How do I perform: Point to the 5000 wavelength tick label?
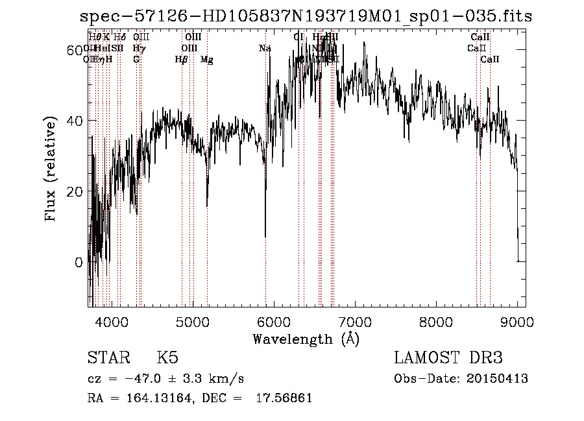coord(192,322)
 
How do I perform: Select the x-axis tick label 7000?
coord(355,322)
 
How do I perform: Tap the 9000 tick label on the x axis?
coord(517,322)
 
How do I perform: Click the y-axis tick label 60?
coord(75,50)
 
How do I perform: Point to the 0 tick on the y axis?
coord(79,263)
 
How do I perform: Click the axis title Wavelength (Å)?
coord(306,339)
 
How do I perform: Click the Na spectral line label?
coord(265,48)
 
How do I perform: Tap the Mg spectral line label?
coord(207,60)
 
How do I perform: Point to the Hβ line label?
coord(182,60)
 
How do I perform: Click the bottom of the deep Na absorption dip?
coord(265,236)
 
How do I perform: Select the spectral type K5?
coord(167,358)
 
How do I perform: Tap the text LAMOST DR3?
coord(448,358)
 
